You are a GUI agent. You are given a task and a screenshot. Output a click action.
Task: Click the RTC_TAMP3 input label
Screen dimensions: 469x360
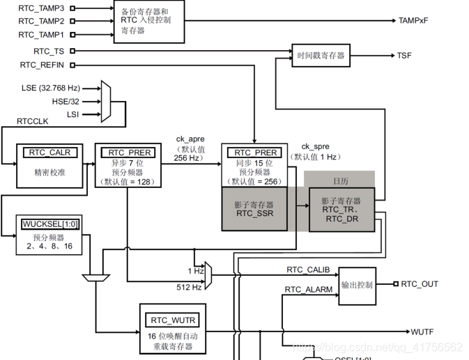pyautogui.click(x=41, y=8)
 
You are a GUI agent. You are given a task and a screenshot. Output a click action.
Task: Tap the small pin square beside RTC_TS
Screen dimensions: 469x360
pyautogui.click(x=72, y=51)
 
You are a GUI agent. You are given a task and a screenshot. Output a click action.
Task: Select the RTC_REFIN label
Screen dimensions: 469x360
pyautogui.click(x=42, y=65)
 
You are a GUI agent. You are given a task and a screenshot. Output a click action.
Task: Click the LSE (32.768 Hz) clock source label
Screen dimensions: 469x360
pyautogui.click(x=51, y=88)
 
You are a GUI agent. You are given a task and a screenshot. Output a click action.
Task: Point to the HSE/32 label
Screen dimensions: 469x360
pyautogui.click(x=66, y=102)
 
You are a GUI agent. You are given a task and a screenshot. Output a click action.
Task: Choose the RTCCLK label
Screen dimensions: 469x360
pyautogui.click(x=32, y=121)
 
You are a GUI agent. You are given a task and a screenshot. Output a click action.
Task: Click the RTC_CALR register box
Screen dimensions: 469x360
pyautogui.click(x=49, y=166)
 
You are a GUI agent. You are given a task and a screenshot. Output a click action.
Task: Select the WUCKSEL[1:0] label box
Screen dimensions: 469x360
pyautogui.click(x=51, y=224)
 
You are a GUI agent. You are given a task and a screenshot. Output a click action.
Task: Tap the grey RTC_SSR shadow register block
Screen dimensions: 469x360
pyautogui.click(x=254, y=209)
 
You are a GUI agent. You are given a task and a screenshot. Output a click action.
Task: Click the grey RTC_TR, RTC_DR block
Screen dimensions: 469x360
pyautogui.click(x=341, y=210)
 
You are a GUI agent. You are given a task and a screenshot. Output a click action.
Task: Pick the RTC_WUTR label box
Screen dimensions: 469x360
pyautogui.click(x=173, y=320)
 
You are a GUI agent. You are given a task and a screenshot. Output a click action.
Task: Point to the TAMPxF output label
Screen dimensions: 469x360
pyautogui.click(x=413, y=21)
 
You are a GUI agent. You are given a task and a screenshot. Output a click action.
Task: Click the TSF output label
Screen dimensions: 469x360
pyautogui.click(x=404, y=56)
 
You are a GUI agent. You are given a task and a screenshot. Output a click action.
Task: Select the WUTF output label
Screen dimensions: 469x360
pyautogui.click(x=422, y=332)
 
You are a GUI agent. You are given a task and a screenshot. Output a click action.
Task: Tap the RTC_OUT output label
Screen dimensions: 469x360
pyautogui.click(x=420, y=284)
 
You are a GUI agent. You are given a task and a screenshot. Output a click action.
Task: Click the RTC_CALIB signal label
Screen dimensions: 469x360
pyautogui.click(x=308, y=269)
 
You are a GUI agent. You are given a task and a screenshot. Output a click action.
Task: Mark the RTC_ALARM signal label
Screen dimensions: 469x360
pyautogui.click(x=309, y=290)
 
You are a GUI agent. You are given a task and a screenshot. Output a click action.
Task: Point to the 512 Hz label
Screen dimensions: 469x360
pyautogui.click(x=189, y=288)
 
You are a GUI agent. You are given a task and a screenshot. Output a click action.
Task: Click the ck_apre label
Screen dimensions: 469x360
pyautogui.click(x=190, y=139)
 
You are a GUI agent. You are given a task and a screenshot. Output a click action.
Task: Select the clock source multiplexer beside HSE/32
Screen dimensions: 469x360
pyautogui.click(x=106, y=101)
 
